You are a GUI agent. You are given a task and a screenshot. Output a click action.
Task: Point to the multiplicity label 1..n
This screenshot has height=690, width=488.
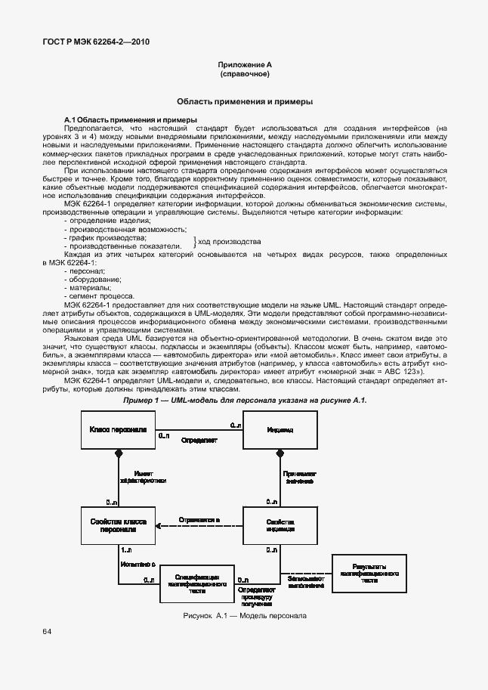pos(127,550)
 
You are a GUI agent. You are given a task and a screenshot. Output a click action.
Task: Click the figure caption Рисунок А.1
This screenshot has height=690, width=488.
pos(244,616)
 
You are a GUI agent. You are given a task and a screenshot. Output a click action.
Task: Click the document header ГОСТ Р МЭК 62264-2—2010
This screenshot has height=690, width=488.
pos(90,42)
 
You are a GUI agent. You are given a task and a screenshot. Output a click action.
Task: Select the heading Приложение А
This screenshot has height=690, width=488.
pos(244,66)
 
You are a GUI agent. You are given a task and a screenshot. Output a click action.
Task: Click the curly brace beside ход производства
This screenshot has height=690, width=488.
pos(196,242)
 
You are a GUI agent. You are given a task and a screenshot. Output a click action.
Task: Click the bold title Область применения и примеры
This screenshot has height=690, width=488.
pos(244,101)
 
